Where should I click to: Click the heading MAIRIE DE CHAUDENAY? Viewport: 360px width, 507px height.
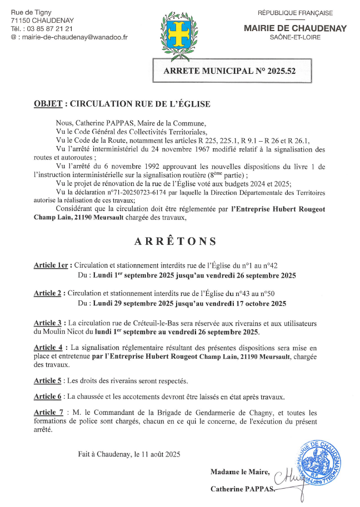point(295,28)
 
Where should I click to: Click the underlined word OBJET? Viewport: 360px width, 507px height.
point(48,104)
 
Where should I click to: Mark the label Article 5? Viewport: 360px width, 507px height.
point(48,381)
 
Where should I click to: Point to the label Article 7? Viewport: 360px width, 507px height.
point(48,413)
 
